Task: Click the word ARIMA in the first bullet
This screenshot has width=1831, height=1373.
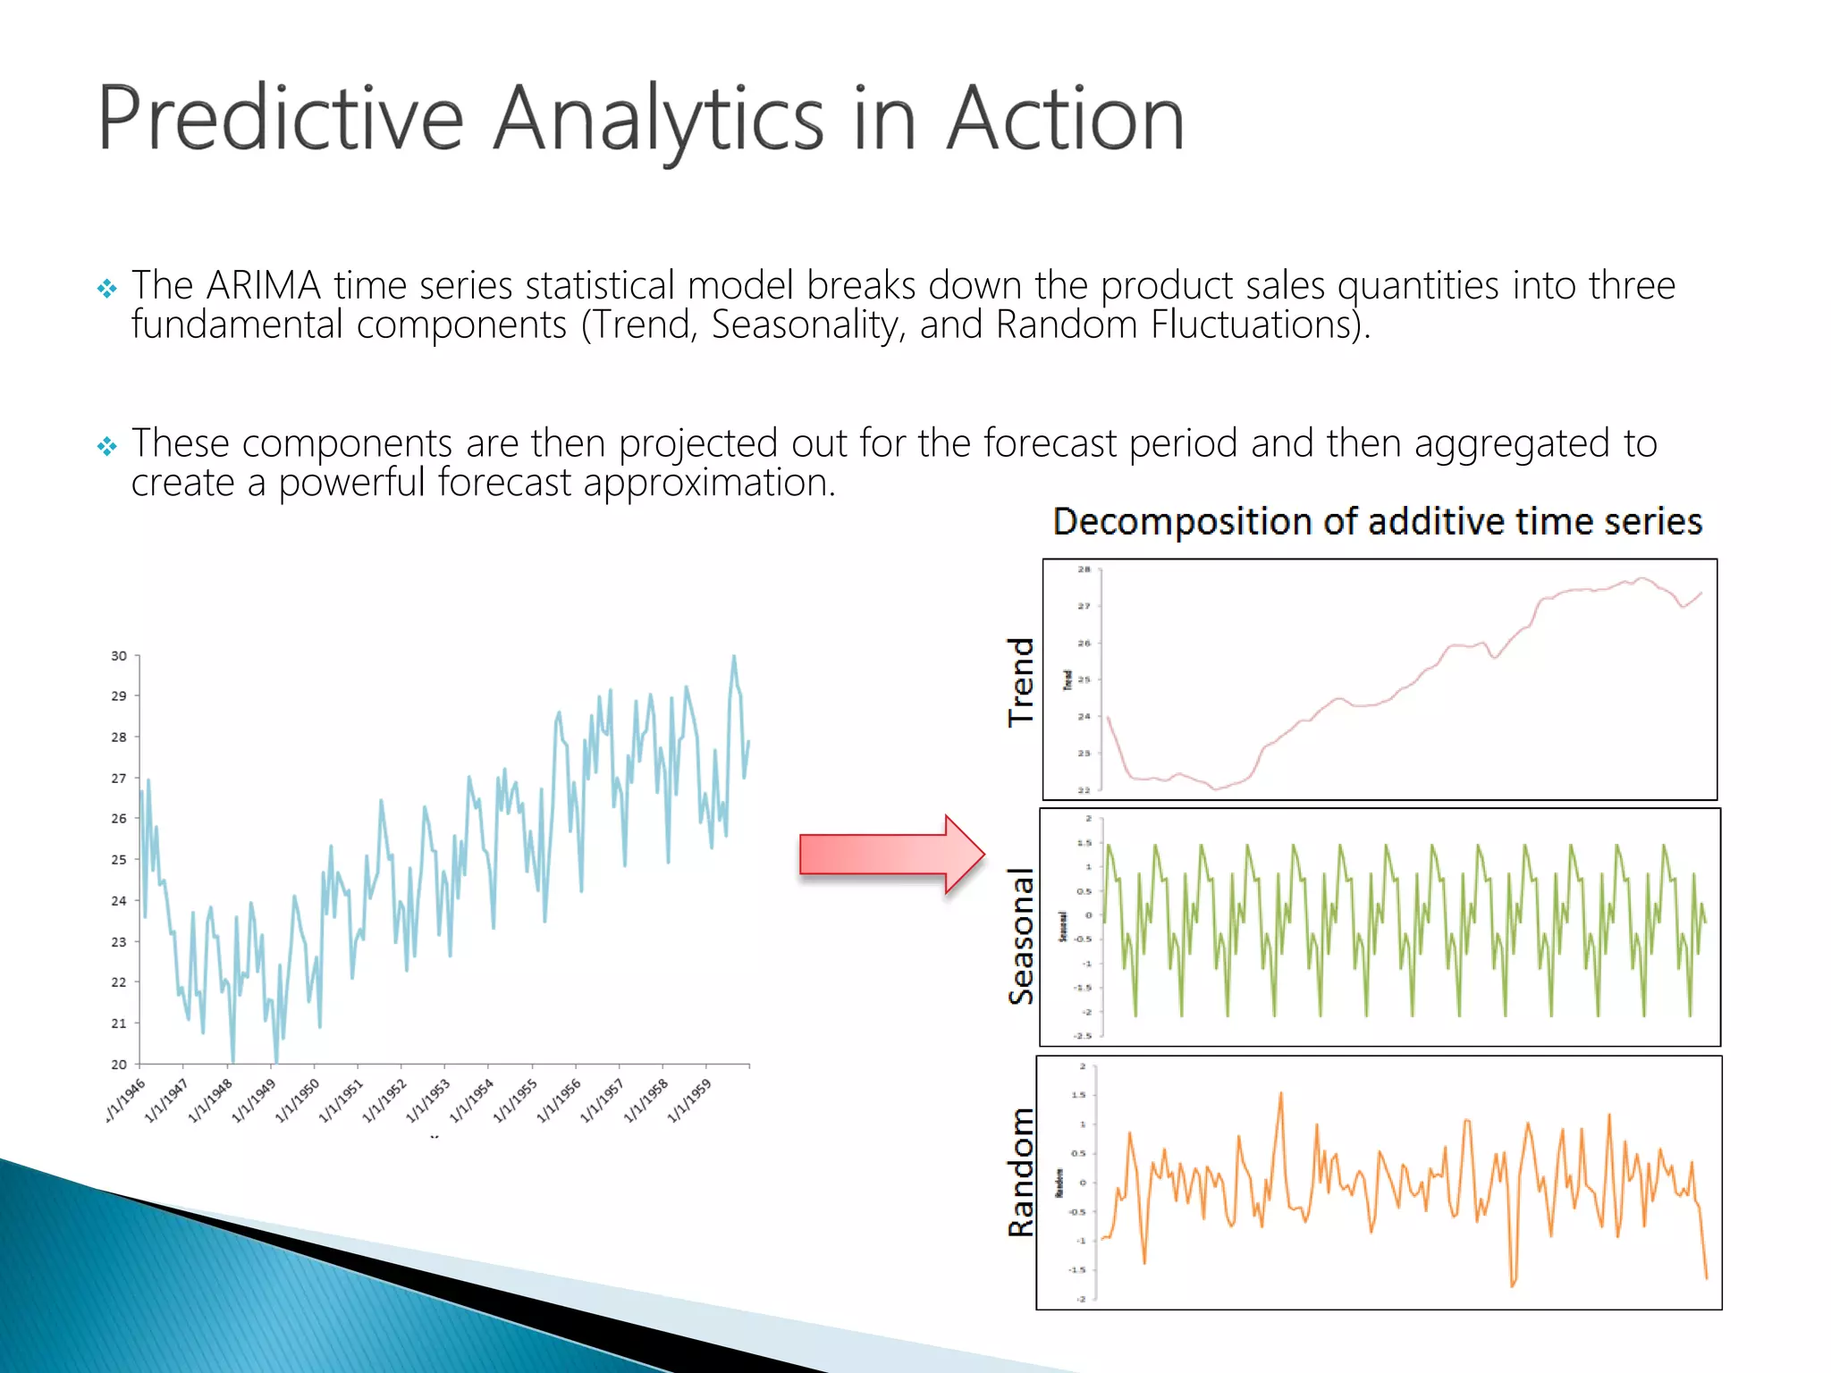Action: click(263, 286)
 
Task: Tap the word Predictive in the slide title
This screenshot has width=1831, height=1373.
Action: click(280, 119)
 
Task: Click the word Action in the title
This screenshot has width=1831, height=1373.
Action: click(1065, 119)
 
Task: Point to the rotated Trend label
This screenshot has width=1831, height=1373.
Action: click(1020, 682)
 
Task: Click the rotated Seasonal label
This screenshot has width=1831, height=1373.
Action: click(1020, 935)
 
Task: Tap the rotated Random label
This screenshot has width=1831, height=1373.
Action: click(1020, 1172)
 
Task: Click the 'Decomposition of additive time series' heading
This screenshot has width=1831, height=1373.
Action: click(1377, 521)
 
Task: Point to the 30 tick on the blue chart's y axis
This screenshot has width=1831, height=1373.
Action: click(119, 656)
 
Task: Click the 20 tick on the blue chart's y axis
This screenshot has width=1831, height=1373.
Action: click(119, 1065)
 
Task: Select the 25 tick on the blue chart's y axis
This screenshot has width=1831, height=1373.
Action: click(119, 860)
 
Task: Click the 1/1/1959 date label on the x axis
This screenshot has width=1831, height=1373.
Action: click(691, 1099)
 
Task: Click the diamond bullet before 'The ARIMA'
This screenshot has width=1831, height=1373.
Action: click(107, 289)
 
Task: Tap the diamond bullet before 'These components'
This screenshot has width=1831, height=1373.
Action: click(107, 446)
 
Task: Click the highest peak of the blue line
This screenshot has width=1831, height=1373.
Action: click(734, 657)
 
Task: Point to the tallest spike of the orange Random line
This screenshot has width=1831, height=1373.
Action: click(1281, 1093)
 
